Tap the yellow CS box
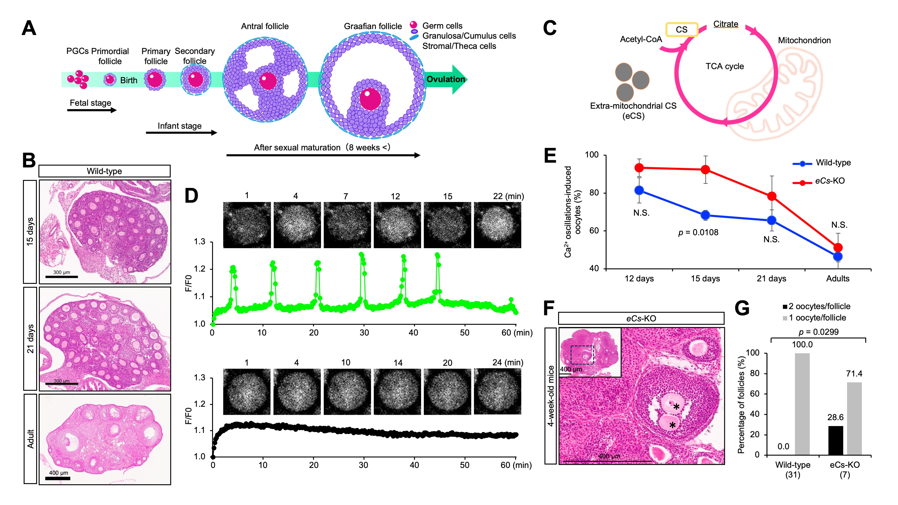click(682, 30)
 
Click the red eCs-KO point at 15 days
click(705, 170)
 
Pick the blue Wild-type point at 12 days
click(639, 190)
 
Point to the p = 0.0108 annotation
click(698, 232)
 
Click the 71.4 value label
click(854, 374)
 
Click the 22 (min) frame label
click(508, 196)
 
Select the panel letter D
click(191, 196)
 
